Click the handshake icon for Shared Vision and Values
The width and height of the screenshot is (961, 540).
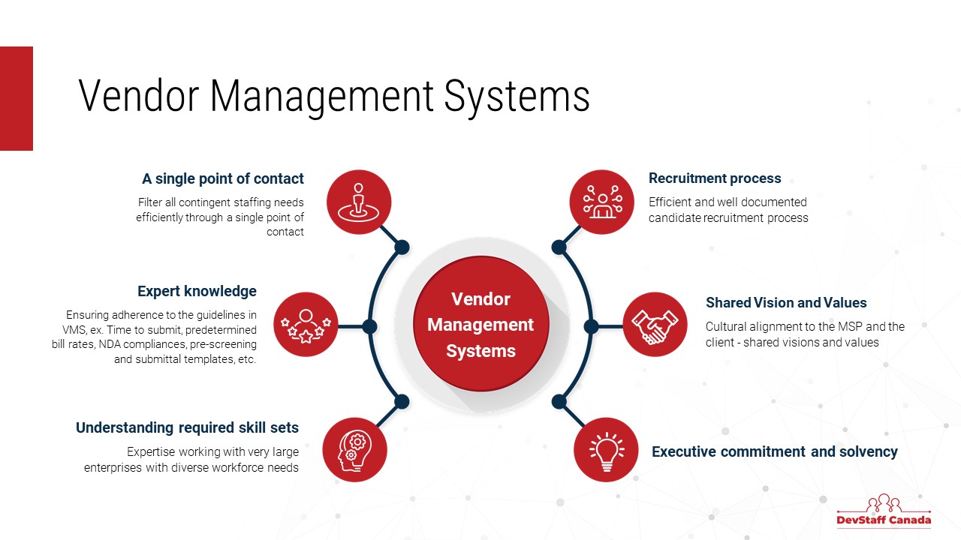(x=655, y=324)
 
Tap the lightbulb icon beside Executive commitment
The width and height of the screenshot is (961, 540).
(x=606, y=450)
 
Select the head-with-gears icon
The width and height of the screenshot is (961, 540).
(x=354, y=450)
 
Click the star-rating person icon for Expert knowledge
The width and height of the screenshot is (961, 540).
(x=306, y=324)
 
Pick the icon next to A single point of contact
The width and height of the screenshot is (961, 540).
(x=359, y=202)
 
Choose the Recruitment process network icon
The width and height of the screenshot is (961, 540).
(x=601, y=202)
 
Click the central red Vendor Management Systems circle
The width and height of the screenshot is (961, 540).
(x=480, y=324)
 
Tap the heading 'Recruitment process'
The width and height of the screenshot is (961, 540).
(x=715, y=178)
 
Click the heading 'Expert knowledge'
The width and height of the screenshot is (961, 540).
(x=197, y=291)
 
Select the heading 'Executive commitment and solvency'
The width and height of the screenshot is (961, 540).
(x=774, y=451)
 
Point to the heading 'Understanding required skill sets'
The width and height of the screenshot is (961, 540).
(x=187, y=427)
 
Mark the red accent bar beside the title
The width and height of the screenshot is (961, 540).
(x=16, y=98)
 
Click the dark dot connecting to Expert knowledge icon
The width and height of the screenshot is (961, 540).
(x=369, y=326)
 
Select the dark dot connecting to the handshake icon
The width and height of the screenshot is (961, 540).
(x=591, y=326)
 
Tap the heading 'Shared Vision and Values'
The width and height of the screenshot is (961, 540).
(x=786, y=303)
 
